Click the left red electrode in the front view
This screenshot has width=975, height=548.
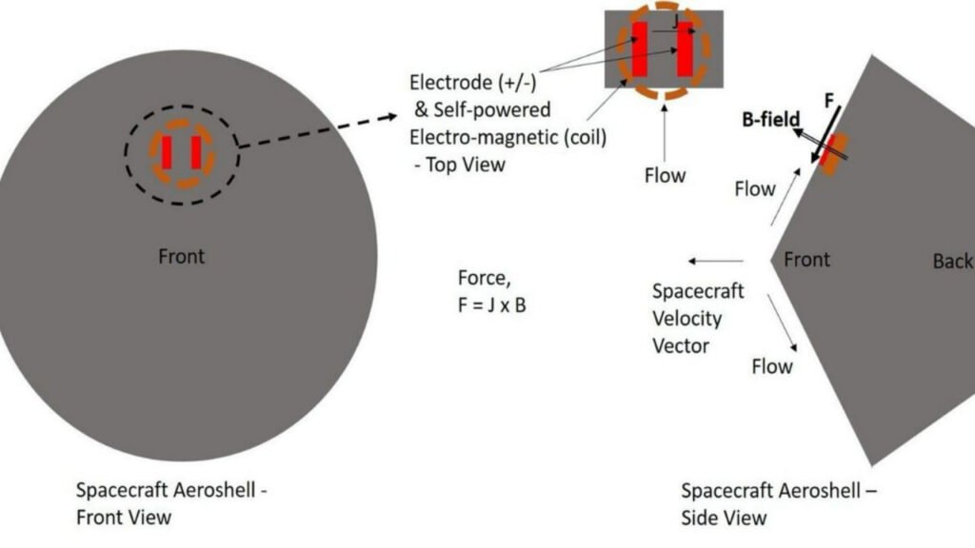pyautogui.click(x=167, y=152)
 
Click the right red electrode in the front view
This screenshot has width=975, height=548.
pyautogui.click(x=195, y=152)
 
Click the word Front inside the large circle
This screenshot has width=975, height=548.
pyautogui.click(x=182, y=256)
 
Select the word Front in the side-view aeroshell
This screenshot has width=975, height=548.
pyautogui.click(x=806, y=259)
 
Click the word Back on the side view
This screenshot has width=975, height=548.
pyautogui.click(x=952, y=261)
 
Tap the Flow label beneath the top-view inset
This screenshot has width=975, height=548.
pyautogui.click(x=665, y=175)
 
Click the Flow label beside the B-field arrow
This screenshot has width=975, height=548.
pyautogui.click(x=755, y=188)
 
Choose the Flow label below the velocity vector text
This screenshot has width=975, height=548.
pyautogui.click(x=772, y=365)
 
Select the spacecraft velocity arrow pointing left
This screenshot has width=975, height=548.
pyautogui.click(x=717, y=260)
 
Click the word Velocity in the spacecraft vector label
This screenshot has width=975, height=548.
pyautogui.click(x=686, y=318)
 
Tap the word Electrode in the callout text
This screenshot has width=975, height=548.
pyautogui.click(x=450, y=81)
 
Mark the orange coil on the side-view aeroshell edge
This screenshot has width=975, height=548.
pyautogui.click(x=833, y=152)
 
